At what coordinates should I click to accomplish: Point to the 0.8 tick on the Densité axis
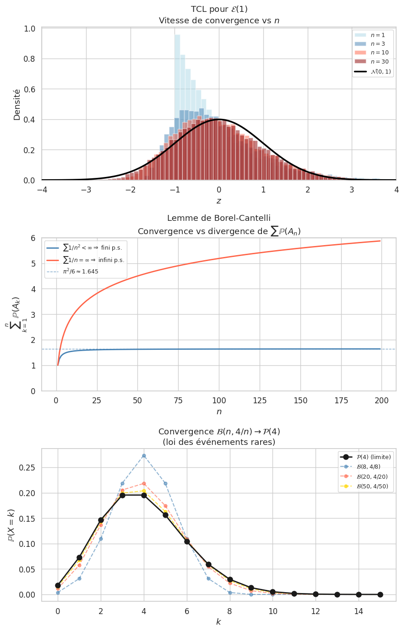pos(30,59)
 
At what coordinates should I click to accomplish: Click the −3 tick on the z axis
pos(86,190)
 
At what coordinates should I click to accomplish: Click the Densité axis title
pos(17,104)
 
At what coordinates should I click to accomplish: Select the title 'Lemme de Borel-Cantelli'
pos(218,218)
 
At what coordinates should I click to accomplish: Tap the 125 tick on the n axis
pos(260,401)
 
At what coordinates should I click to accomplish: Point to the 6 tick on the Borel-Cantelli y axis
pos(33,238)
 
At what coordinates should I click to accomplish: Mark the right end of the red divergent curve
pos(380,241)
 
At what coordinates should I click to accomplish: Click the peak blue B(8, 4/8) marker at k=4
pos(144,456)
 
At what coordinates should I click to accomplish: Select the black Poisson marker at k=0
pos(58,585)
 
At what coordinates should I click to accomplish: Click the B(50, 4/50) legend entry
pos(372,487)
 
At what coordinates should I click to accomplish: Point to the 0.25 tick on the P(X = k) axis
pos(27,468)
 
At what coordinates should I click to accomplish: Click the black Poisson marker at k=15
pos(380,594)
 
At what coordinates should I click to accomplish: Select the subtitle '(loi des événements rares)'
pos(218,442)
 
